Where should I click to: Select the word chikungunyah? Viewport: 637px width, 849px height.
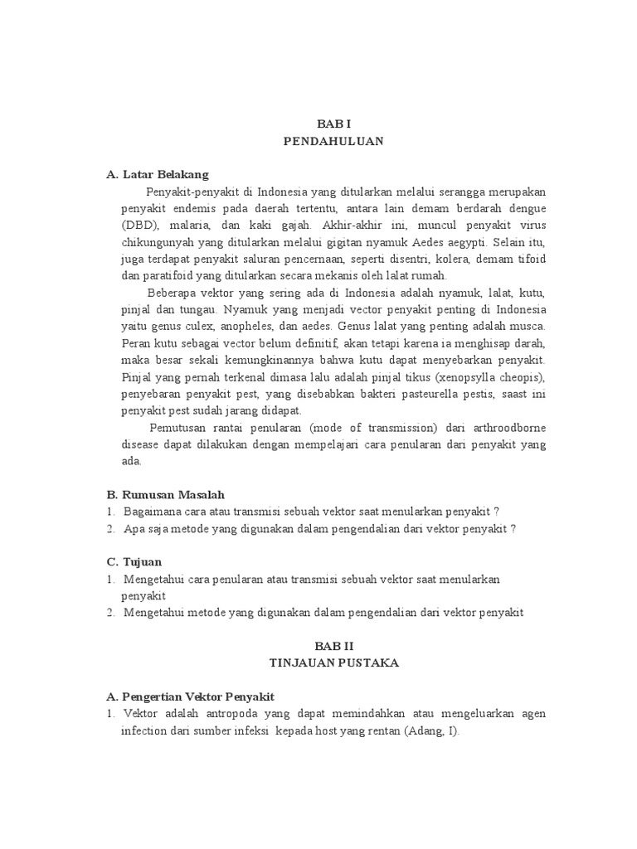coord(160,242)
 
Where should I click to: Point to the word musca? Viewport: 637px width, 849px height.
coord(525,326)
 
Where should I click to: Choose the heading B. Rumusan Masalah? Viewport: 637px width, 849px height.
coord(166,494)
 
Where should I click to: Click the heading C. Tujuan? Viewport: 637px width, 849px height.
coord(134,561)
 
